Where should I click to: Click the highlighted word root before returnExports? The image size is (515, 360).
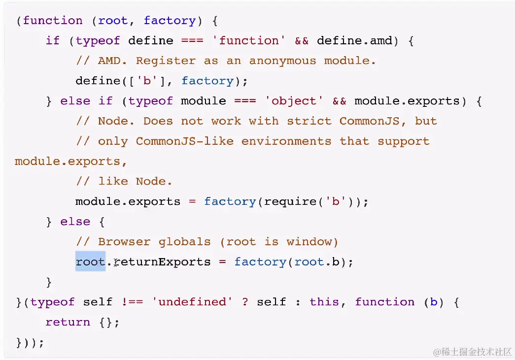[90, 262]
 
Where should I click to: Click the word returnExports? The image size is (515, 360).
[162, 262]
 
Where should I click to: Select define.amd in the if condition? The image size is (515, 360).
[354, 40]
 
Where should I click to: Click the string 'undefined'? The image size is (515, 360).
[192, 302]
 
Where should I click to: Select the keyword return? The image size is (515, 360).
[68, 322]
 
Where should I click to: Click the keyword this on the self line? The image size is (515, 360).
[324, 302]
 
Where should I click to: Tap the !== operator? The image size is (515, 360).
[132, 302]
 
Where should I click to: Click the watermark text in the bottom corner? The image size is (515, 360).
[473, 352]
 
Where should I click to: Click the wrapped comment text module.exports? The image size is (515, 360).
[68, 162]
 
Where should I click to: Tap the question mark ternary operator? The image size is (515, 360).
[245, 302]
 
